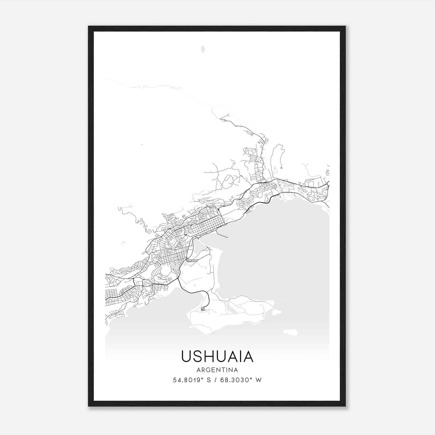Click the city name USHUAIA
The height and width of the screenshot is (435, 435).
[217, 356]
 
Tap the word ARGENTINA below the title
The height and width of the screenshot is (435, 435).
[217, 370]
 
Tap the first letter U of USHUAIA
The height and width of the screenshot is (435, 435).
[186, 356]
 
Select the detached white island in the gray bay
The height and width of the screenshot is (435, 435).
[290, 332]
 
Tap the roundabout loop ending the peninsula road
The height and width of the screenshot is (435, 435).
[203, 309]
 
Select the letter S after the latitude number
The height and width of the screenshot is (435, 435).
[209, 380]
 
